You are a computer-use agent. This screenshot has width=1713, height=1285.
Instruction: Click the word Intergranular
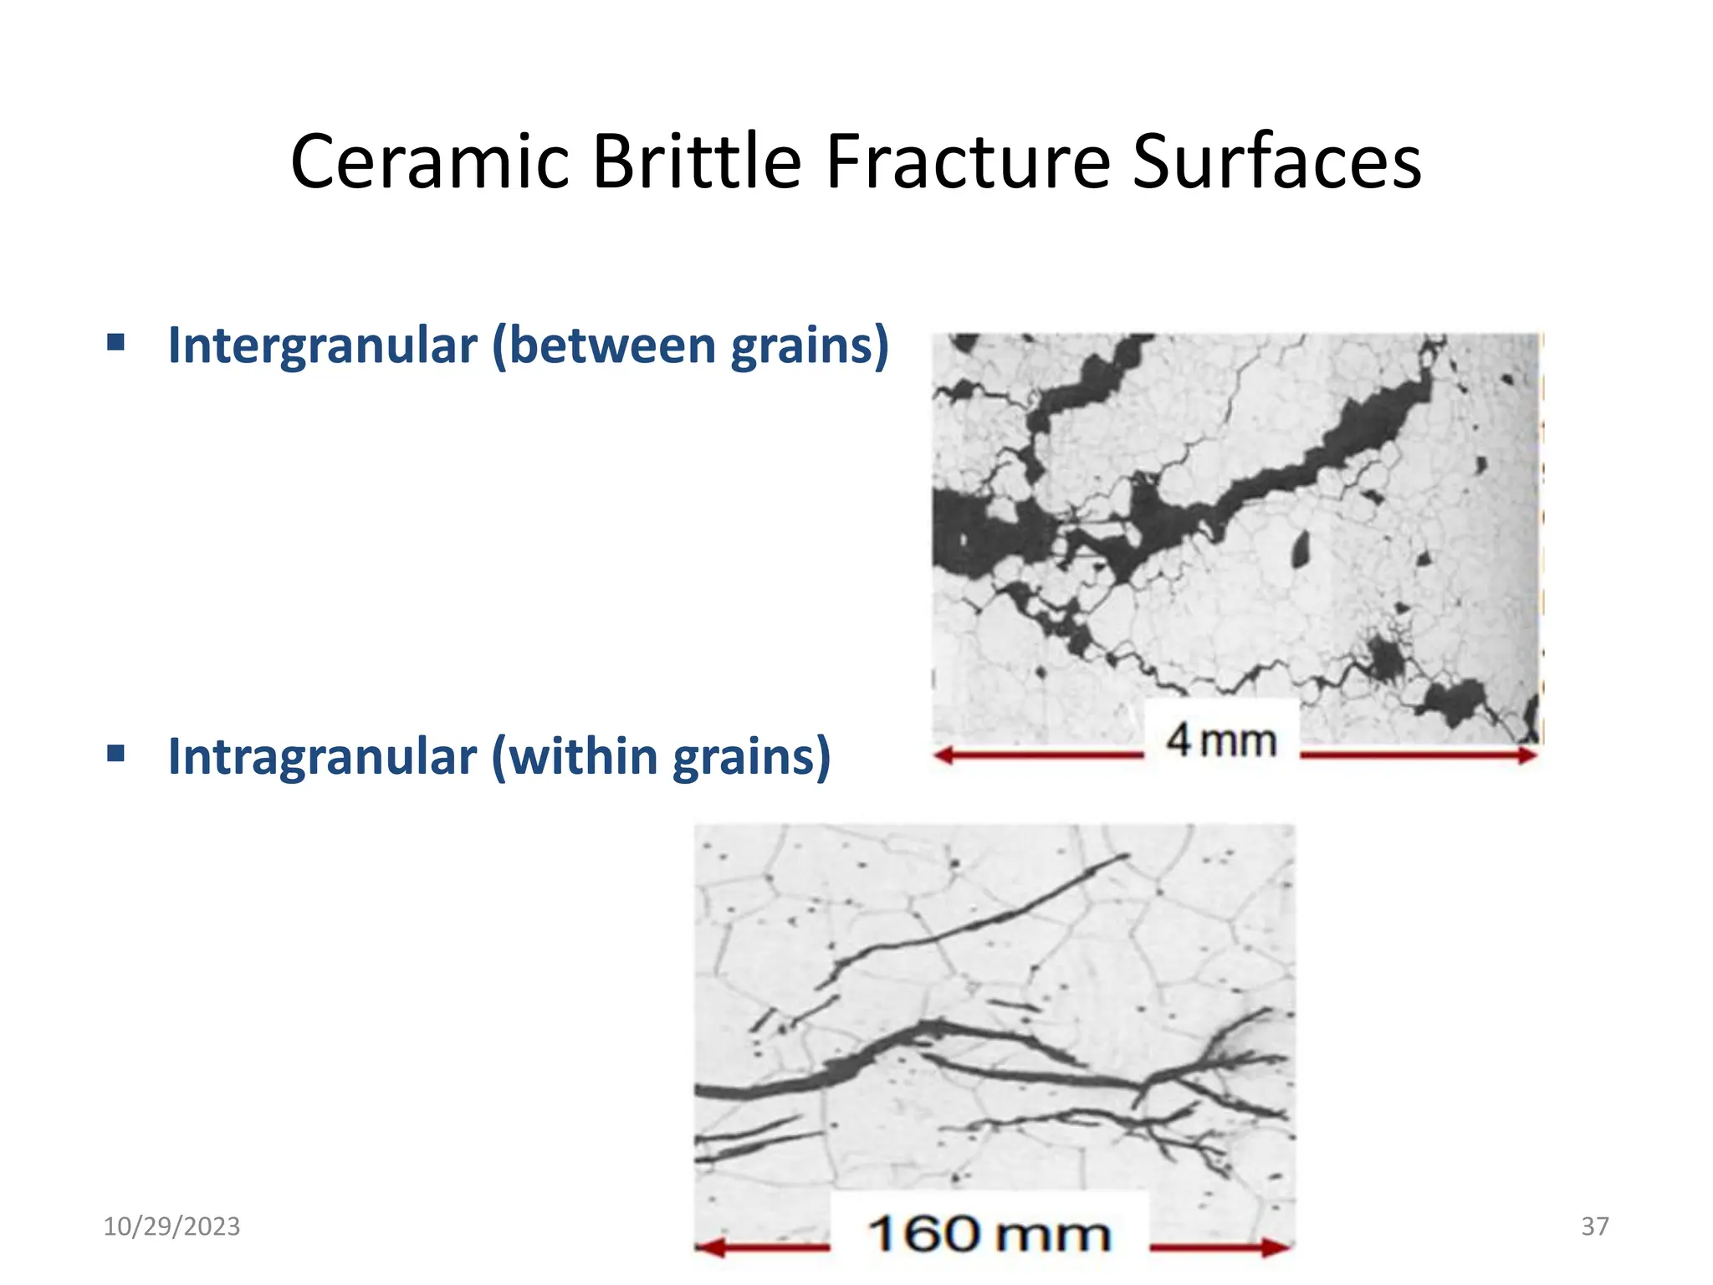pyautogui.click(x=322, y=346)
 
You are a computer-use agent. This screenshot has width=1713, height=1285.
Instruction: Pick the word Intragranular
pyautogui.click(x=322, y=756)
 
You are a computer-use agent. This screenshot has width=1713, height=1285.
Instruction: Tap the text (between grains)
pyautogui.click(x=690, y=346)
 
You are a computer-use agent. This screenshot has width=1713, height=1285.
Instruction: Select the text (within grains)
pyautogui.click(x=661, y=756)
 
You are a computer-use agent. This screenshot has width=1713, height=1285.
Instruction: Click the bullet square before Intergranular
pyautogui.click(x=116, y=342)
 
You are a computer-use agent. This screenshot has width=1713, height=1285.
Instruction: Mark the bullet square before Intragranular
pyautogui.click(x=116, y=753)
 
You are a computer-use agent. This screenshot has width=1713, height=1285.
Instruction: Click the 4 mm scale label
pyautogui.click(x=1221, y=740)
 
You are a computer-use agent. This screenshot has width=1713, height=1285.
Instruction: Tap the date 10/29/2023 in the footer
pyautogui.click(x=171, y=1226)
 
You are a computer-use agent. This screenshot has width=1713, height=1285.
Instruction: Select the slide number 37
pyautogui.click(x=1595, y=1226)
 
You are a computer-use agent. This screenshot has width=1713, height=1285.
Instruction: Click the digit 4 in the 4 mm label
pyautogui.click(x=1179, y=740)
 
